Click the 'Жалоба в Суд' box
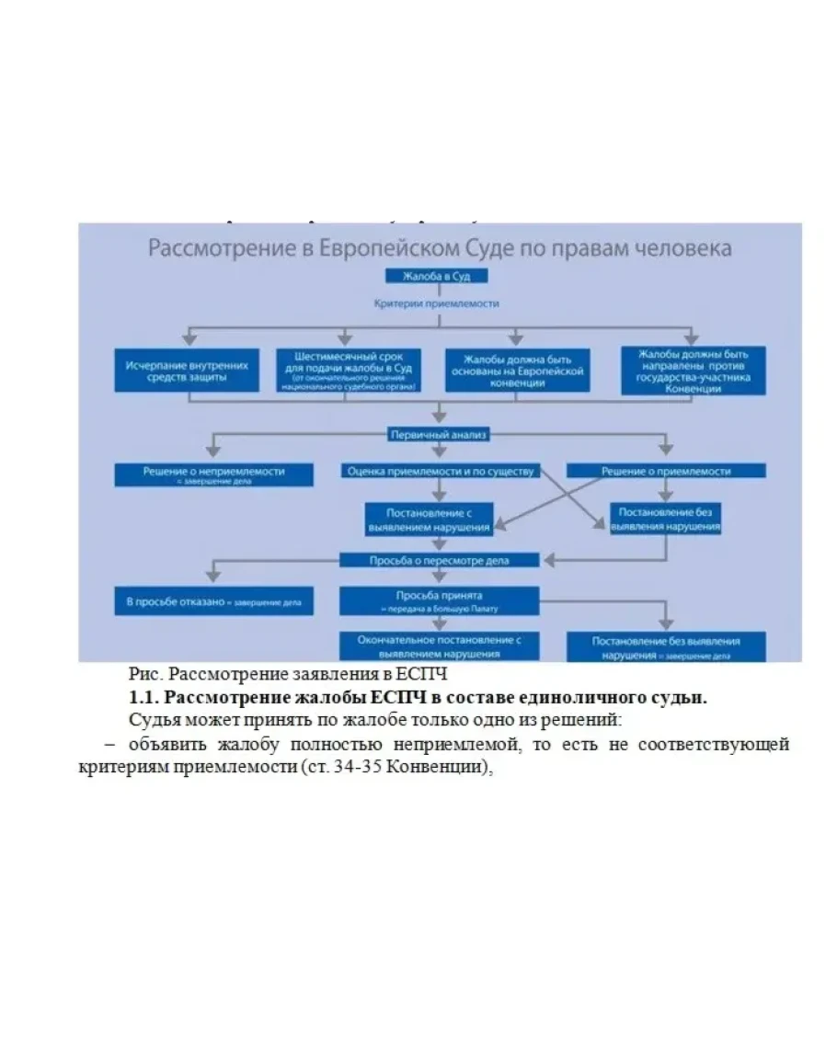point(437,276)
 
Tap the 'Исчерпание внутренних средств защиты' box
point(187,371)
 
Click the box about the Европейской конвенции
point(517,371)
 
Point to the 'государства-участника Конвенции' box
point(693,371)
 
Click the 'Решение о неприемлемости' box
point(212,474)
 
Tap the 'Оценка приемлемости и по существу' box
point(440,471)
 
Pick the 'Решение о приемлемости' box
point(665,471)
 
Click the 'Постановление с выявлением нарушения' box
point(429,520)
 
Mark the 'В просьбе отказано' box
point(212,601)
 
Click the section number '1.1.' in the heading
point(144,698)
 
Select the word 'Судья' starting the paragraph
point(150,720)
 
